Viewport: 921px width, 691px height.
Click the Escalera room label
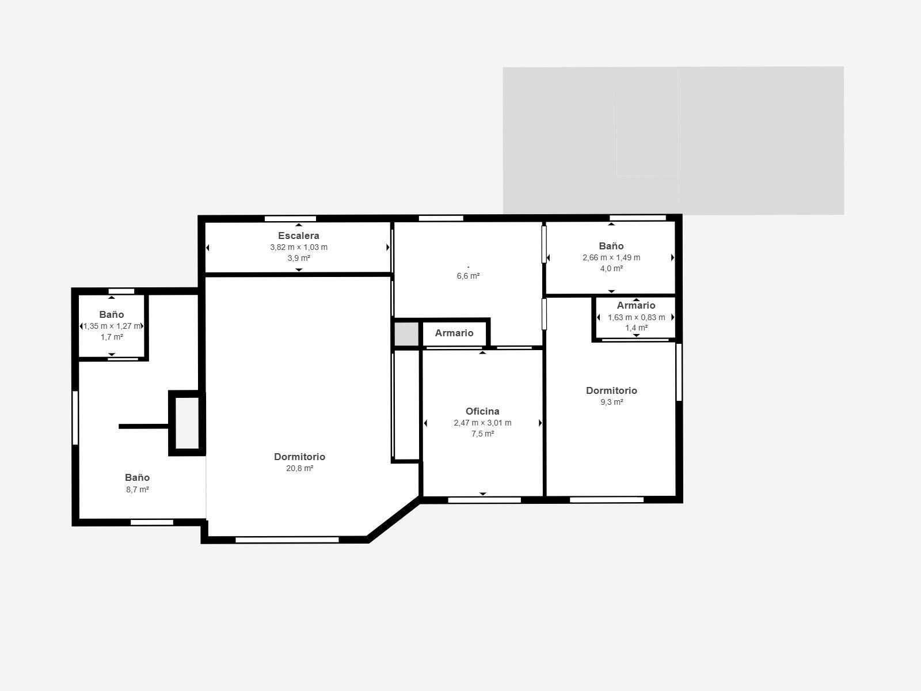click(x=298, y=236)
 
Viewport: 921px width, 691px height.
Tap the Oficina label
click(x=482, y=411)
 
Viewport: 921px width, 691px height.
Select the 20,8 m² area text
click(x=300, y=469)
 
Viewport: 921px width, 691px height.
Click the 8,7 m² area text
click(x=138, y=489)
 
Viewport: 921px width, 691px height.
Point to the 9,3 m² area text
click(x=611, y=403)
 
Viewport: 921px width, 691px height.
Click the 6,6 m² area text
click(x=468, y=276)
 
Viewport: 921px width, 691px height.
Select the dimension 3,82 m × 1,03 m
click(x=299, y=247)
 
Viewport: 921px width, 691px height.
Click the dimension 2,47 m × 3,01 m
click(x=482, y=423)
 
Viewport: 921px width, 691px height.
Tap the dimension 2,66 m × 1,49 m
click(x=611, y=257)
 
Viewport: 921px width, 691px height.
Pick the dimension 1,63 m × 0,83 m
click(x=636, y=317)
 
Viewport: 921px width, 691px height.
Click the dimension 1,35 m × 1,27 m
click(x=112, y=326)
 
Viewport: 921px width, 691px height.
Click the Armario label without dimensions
click(x=454, y=333)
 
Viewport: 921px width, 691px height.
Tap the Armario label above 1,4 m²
click(x=636, y=306)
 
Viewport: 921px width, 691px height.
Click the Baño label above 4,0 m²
click(x=611, y=246)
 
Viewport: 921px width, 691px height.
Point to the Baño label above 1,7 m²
click(x=112, y=314)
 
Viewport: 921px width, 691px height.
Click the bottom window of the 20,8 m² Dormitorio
click(x=287, y=540)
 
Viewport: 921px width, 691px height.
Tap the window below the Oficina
click(x=484, y=500)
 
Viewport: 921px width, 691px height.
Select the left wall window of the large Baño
click(x=75, y=417)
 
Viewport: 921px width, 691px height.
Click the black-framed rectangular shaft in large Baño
click(x=187, y=423)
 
